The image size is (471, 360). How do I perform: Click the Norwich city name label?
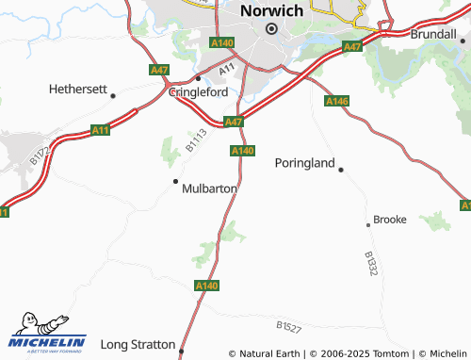click(271, 10)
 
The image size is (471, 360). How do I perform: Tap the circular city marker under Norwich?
click(271, 29)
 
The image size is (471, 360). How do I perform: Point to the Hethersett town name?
click(78, 90)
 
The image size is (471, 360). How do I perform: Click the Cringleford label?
click(200, 92)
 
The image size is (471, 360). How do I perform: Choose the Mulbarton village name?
click(209, 188)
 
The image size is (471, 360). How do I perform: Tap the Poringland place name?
click(304, 163)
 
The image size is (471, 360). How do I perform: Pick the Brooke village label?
click(390, 219)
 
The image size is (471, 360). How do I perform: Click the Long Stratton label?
click(138, 344)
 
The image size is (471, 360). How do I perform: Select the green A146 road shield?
click(337, 101)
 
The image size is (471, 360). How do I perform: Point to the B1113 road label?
click(195, 140)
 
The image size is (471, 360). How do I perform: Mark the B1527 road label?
click(289, 326)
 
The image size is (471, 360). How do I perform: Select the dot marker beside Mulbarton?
click(175, 180)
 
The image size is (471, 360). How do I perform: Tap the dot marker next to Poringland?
click(341, 170)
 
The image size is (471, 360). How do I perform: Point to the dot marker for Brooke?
click(368, 225)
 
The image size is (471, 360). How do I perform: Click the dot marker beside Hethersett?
click(113, 95)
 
